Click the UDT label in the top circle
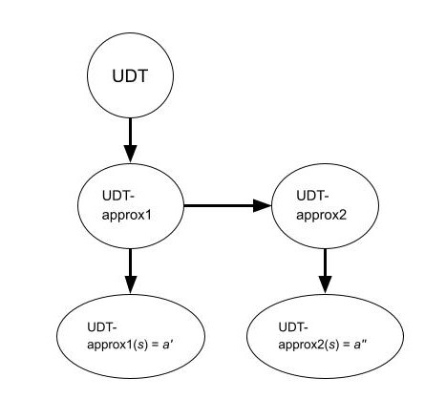pos(130,76)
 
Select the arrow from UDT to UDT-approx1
pos(130,140)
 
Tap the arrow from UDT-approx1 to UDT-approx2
pos(227,205)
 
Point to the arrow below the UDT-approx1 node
pos(130,271)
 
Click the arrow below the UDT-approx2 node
pos(325,271)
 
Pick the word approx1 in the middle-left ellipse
pos(127,216)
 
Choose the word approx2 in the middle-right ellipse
pos(321,216)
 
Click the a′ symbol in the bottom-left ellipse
pos(167,345)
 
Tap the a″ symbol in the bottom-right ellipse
pos(361,345)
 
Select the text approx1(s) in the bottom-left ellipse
pos(117,346)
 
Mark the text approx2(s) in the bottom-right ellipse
pos(308,346)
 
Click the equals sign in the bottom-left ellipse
pos(156,346)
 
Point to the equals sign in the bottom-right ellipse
pos(347,346)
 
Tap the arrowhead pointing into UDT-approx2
pos(263,205)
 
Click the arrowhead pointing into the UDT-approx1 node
pos(130,154)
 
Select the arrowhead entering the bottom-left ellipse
pos(130,284)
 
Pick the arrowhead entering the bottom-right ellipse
pos(325,284)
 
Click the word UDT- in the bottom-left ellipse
pos(102,326)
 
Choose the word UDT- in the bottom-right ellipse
pos(293,326)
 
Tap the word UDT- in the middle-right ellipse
pos(312,196)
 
